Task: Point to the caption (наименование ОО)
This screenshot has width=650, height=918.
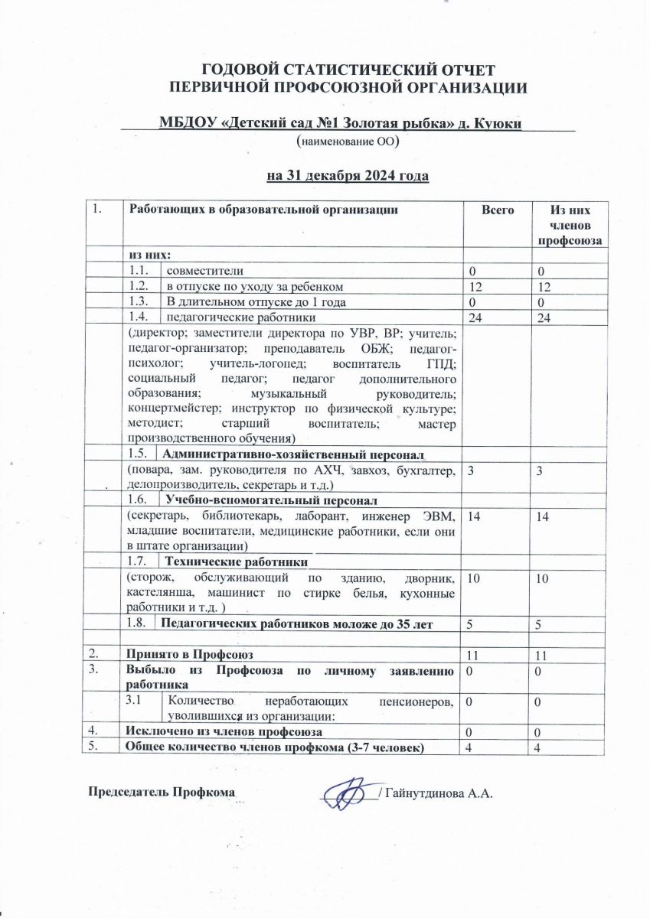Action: (346, 142)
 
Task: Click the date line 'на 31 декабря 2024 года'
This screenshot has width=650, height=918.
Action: (347, 177)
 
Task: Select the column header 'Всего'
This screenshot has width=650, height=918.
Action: (497, 210)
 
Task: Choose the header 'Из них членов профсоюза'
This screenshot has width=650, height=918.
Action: (569, 225)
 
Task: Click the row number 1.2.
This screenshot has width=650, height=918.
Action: (140, 286)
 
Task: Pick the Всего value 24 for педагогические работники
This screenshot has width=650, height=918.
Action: (475, 317)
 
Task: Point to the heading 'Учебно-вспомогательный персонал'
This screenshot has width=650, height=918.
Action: (272, 501)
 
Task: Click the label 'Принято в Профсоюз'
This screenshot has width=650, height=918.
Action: (189, 654)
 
